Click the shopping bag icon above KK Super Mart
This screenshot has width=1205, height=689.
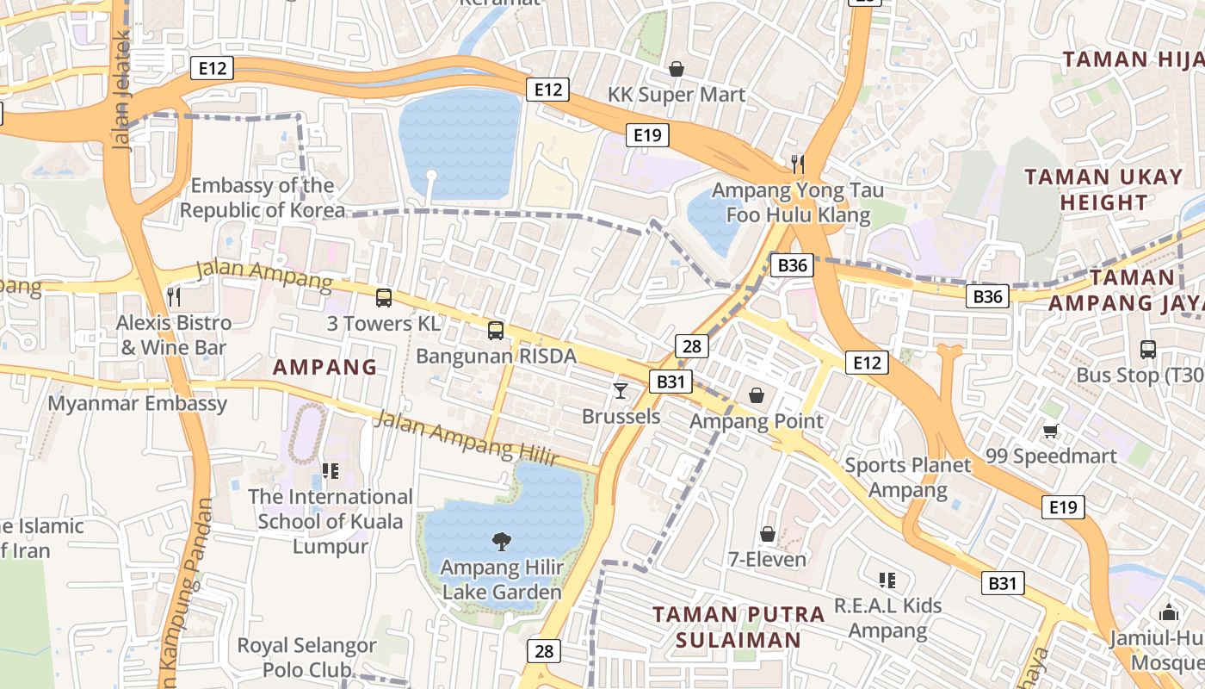[677, 69]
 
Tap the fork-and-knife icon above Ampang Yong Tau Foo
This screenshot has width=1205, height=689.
[798, 164]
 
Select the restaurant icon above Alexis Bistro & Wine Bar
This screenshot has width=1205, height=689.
[174, 297]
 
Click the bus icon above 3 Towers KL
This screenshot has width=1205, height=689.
[384, 298]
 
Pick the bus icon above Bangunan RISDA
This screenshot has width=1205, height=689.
[495, 330]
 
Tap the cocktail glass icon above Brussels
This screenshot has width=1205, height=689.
[620, 391]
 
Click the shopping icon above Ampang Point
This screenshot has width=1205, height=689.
[757, 395]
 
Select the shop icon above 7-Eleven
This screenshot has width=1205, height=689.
[768, 534]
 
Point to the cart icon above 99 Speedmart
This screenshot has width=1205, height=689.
[1050, 431]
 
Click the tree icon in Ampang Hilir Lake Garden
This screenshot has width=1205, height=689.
[501, 541]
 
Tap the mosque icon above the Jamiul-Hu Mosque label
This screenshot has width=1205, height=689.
[1168, 612]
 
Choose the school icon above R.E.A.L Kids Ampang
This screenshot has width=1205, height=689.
[887, 580]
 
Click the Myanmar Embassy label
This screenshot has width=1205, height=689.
[138, 403]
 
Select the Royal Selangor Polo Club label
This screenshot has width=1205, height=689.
[307, 657]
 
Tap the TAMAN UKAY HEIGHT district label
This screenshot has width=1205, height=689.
[1103, 189]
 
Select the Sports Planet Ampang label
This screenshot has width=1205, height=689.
[907, 478]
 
